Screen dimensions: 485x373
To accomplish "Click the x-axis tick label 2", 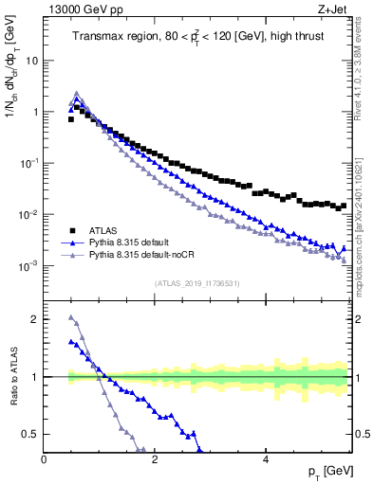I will point(155,458).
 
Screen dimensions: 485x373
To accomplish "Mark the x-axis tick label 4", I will point(266,458).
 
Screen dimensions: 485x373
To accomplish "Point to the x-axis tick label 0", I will point(45,458).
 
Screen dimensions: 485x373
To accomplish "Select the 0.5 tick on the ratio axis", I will point(29,434).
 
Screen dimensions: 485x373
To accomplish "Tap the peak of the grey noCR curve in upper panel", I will point(77,94).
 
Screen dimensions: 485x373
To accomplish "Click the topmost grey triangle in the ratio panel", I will point(71,317).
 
